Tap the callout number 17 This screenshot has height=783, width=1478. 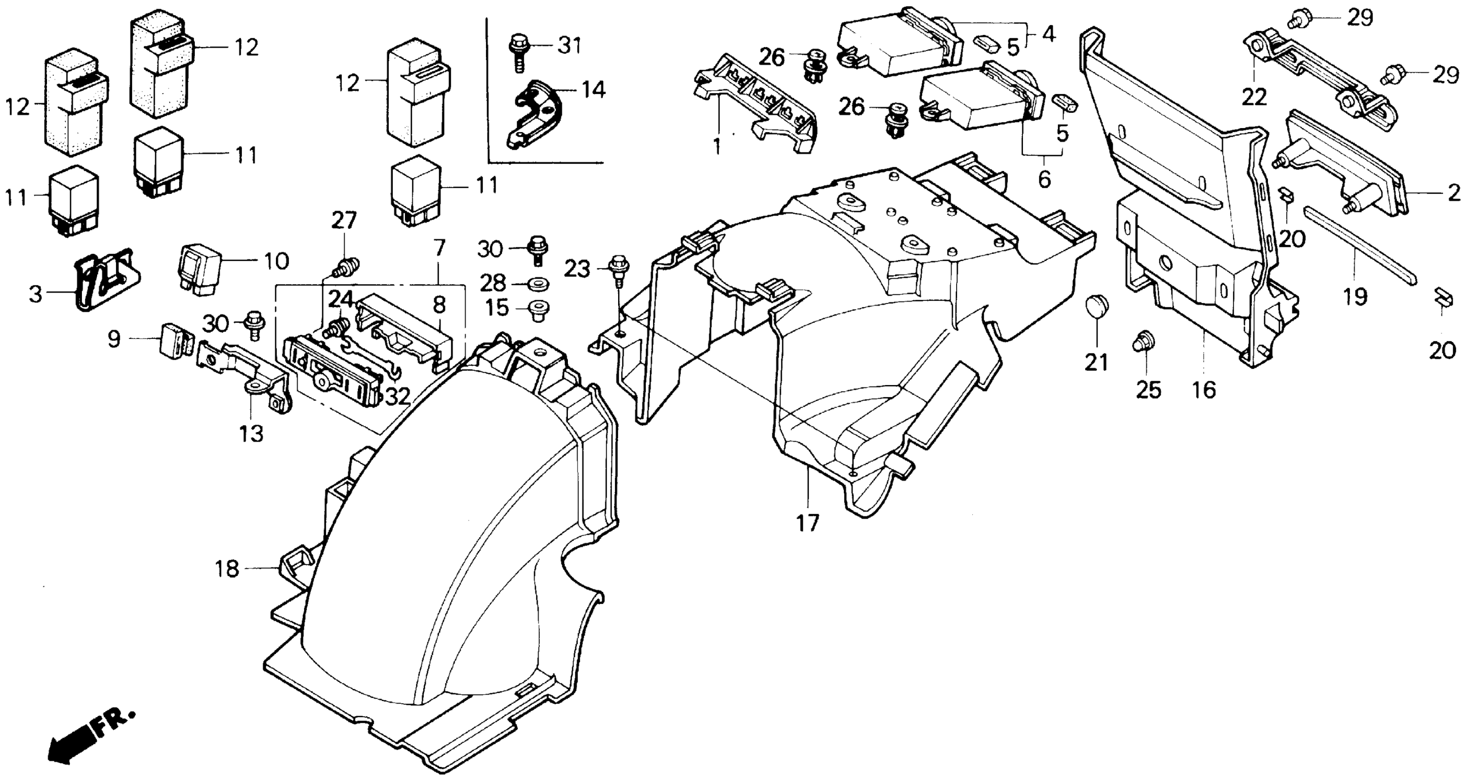[807, 523]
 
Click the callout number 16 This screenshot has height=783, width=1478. [1204, 390]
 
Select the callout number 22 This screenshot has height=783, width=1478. [1254, 97]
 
